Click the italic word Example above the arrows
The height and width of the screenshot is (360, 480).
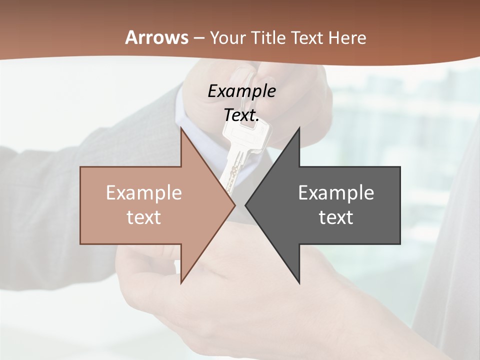click(241, 91)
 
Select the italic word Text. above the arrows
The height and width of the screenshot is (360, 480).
click(241, 115)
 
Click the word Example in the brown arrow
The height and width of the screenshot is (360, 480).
click(144, 193)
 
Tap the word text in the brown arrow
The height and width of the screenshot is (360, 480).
click(144, 217)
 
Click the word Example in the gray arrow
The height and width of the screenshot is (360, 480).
click(336, 193)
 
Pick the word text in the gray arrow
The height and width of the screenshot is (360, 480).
click(336, 217)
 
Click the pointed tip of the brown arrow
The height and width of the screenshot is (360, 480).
click(235, 205)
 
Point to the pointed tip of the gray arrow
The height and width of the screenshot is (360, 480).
click(245, 205)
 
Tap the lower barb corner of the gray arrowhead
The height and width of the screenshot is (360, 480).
click(299, 283)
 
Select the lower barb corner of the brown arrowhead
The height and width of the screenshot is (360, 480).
click(181, 283)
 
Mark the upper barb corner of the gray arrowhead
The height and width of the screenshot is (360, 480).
click(299, 127)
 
